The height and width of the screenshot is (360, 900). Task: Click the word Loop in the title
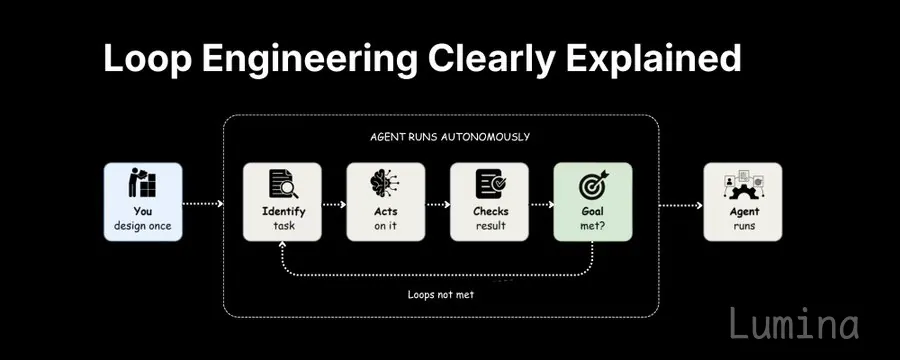tap(148, 59)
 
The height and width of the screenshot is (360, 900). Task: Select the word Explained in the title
tap(654, 59)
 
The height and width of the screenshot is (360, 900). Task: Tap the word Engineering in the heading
tap(310, 59)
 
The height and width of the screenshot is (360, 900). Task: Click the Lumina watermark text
tap(794, 323)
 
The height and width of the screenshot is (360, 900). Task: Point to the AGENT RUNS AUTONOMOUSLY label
tap(449, 137)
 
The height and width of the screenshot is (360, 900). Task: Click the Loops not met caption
tap(441, 295)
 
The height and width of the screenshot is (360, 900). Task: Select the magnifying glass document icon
tap(283, 184)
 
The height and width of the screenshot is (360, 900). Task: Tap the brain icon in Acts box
tap(385, 184)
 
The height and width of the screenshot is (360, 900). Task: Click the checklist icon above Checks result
tap(490, 184)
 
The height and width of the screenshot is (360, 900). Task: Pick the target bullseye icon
tap(593, 184)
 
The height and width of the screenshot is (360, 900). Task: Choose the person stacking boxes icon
tap(142, 183)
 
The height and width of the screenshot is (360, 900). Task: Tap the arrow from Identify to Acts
tap(334, 204)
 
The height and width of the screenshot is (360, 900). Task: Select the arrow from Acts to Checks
tap(438, 204)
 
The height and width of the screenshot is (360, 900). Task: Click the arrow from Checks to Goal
tap(541, 204)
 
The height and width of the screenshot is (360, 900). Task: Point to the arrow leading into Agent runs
tap(681, 205)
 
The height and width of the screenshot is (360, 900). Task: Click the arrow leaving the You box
tap(203, 203)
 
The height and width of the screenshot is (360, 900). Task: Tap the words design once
tap(142, 226)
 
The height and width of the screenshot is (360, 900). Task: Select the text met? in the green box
tap(593, 226)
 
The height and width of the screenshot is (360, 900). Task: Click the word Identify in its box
tap(284, 211)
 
